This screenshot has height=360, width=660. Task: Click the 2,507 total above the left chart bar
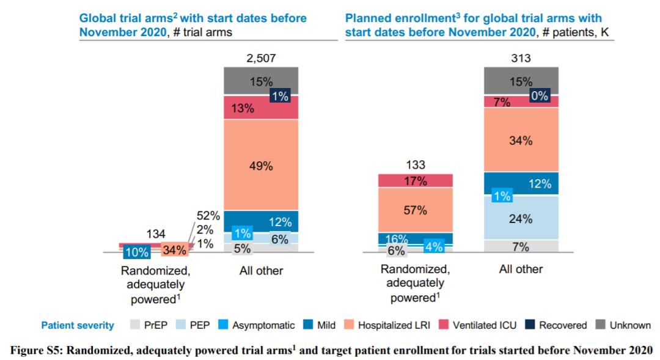(x=261, y=59)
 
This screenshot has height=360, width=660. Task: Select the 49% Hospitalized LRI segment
(x=261, y=165)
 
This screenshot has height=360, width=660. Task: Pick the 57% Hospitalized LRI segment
(x=416, y=210)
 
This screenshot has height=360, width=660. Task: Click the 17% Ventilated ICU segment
(x=416, y=181)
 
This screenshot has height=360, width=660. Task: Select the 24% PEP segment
(x=521, y=218)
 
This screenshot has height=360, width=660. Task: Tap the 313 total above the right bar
(x=521, y=59)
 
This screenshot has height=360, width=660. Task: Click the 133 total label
(x=416, y=165)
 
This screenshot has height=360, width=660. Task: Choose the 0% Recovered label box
(x=540, y=96)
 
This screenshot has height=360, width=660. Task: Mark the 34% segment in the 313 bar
(x=521, y=140)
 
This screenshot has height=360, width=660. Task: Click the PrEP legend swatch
(x=134, y=325)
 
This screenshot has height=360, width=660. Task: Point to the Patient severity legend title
(x=78, y=325)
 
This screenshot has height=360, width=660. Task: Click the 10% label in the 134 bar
(x=136, y=251)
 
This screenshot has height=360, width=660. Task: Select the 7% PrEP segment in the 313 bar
(x=521, y=246)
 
